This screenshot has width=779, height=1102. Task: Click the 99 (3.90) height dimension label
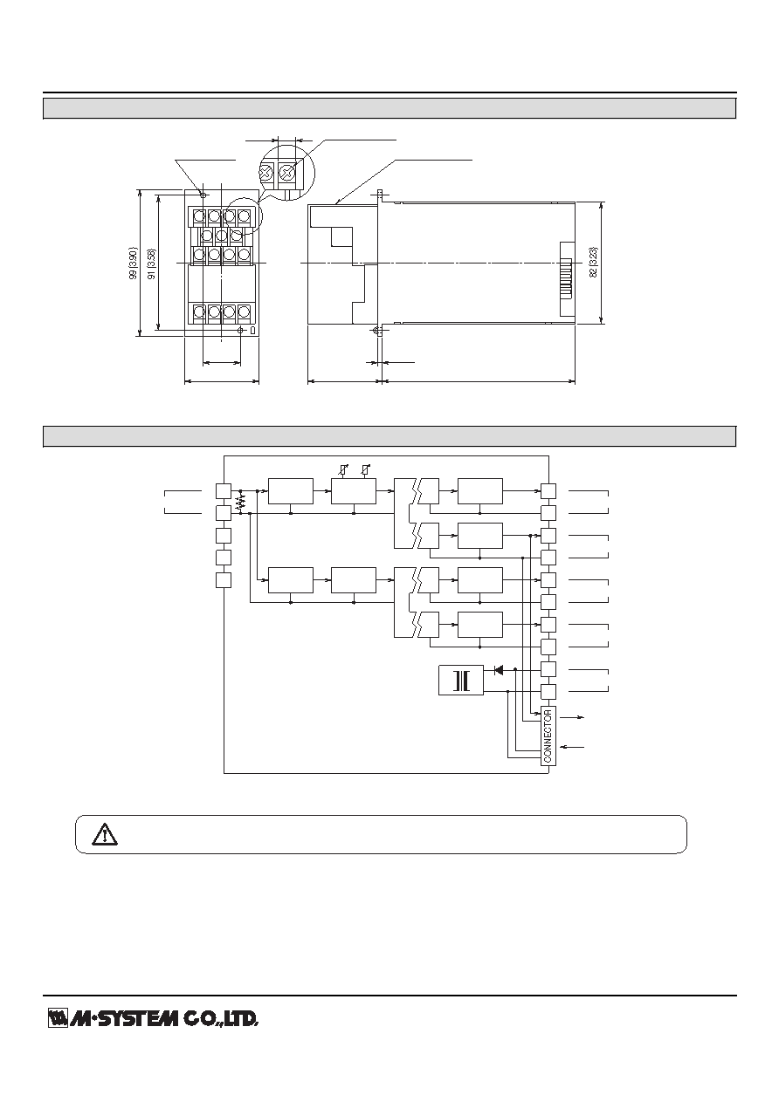tap(133, 264)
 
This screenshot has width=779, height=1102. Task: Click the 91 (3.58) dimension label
tap(152, 264)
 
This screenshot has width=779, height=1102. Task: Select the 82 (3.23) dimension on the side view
tap(593, 263)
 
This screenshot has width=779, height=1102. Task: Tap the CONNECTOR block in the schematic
tap(548, 736)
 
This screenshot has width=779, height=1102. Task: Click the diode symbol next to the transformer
tap(499, 669)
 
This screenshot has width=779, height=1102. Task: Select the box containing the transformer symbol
tap(461, 681)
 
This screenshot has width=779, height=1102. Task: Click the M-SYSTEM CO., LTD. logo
tap(153, 1018)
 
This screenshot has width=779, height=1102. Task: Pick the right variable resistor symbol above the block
tap(365, 470)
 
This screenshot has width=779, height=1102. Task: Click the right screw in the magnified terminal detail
tap(287, 172)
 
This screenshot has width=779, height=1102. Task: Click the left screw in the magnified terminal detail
tap(266, 172)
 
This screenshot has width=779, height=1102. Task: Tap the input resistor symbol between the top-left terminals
tap(240, 503)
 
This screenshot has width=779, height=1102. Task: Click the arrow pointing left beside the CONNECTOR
tap(573, 747)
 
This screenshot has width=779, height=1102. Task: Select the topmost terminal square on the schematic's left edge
tap(224, 491)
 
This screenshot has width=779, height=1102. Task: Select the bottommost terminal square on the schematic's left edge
tap(224, 580)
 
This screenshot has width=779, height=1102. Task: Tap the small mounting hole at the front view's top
tap(203, 195)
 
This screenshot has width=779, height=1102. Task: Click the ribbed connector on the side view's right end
tap(568, 279)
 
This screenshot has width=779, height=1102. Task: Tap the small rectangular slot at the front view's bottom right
tap(252, 330)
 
